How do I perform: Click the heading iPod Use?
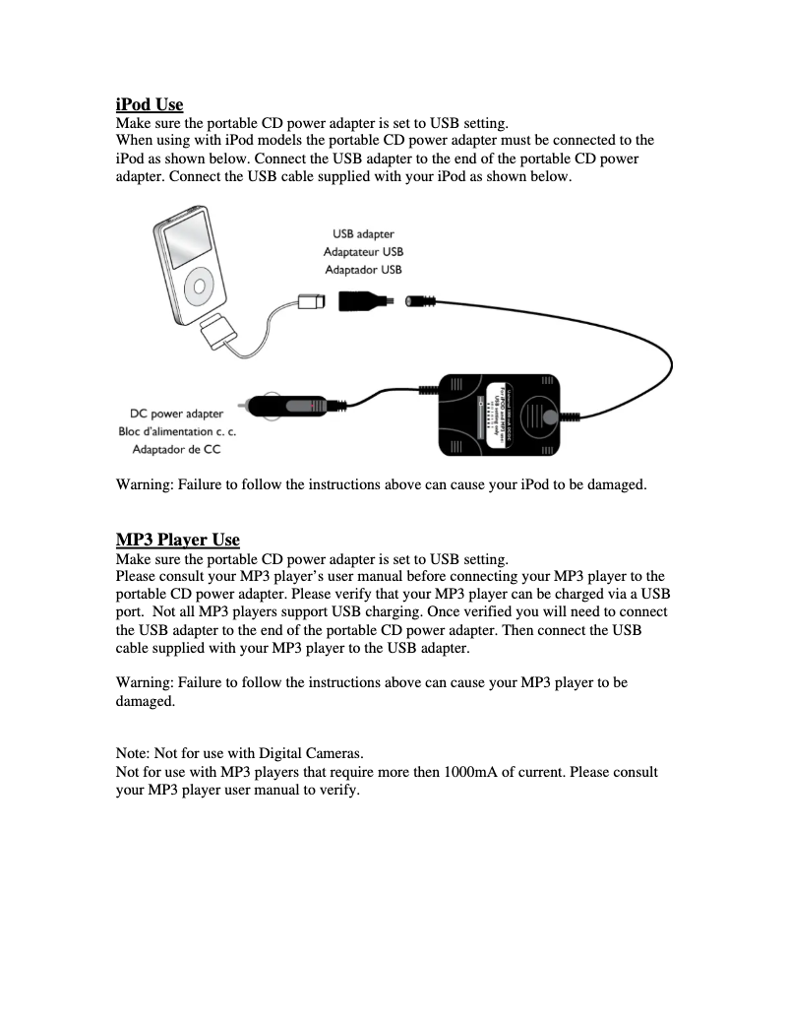[149, 104]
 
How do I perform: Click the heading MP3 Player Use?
[177, 540]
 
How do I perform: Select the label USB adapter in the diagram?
[362, 233]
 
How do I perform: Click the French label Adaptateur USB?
[362, 251]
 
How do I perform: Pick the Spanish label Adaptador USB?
[362, 269]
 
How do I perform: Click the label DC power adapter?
[176, 414]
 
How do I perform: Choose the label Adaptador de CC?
[176, 449]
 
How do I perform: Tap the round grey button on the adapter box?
[549, 417]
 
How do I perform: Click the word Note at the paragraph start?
[133, 754]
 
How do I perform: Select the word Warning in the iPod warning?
[144, 484]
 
